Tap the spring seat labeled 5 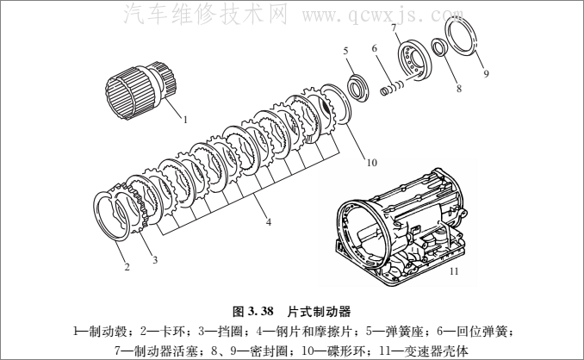pyautogui.click(x=356, y=87)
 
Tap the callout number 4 pyautogui.click(x=269, y=221)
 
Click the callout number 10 pyautogui.click(x=370, y=160)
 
